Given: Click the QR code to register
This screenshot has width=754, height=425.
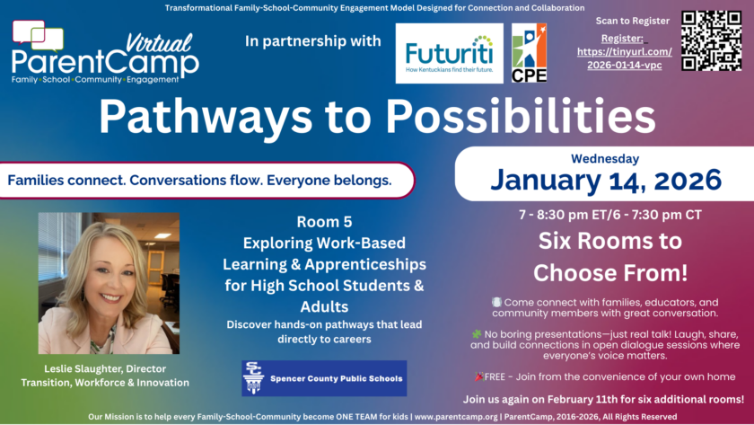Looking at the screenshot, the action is pos(711,41).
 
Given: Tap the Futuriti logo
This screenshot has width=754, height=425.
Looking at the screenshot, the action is pos(449,53).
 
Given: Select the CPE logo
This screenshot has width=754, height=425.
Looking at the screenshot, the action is pos(529,53).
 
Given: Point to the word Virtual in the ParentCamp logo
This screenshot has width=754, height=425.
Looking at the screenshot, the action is pos(159,43).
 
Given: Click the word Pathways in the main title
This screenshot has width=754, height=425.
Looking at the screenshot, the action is pos(206,117).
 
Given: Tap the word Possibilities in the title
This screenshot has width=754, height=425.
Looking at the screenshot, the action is pos(521,116).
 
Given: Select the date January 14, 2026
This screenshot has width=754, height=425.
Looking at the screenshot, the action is pos(606,180).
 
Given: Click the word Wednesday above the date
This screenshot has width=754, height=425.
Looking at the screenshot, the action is pos(605,158).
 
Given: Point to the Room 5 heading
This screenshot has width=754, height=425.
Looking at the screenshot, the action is pos(324,222).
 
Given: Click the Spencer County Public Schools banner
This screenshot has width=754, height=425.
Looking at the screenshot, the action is pos(324,378).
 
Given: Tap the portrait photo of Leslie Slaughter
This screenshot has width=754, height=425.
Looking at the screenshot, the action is pos(109,283).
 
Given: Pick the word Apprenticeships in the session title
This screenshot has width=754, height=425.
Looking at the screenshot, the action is pos(365,264).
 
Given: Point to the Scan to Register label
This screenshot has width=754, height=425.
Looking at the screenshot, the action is pos(632,21).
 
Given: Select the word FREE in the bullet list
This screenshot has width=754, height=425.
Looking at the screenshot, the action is pos(495,376).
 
